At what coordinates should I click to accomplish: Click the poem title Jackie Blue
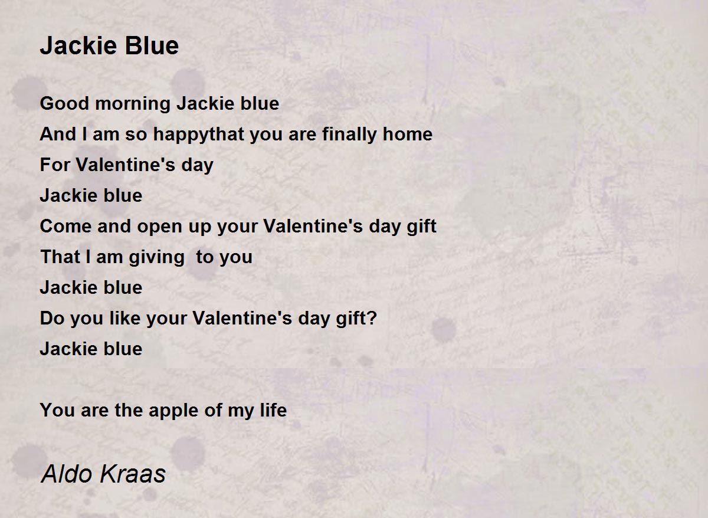pos(109,46)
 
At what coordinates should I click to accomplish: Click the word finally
pos(350,135)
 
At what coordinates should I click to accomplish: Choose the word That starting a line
pos(60,257)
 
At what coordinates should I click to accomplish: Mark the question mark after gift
pos(371,319)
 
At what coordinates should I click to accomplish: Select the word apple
pos(172,411)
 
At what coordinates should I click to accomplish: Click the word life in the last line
pos(273,410)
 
